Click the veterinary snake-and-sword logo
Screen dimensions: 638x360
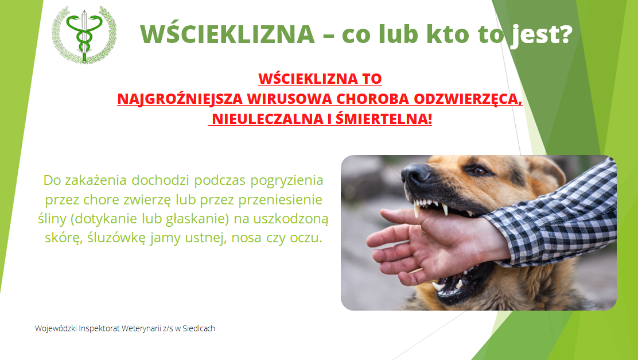point(84,34)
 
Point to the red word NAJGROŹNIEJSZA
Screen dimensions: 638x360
point(180,99)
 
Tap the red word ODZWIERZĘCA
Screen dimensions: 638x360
point(468,99)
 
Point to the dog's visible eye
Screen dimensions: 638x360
point(478,171)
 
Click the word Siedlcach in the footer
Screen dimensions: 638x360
point(199,328)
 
